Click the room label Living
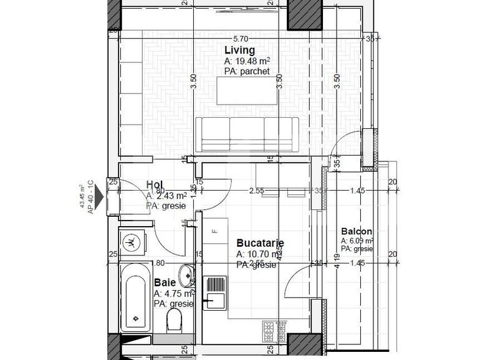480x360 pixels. point(239,50)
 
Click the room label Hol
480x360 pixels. point(155,184)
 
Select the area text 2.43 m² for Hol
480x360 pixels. point(168,195)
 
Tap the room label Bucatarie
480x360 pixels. point(260,243)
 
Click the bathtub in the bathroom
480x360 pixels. point(134,296)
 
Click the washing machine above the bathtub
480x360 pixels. point(131,241)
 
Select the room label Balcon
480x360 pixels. point(356,232)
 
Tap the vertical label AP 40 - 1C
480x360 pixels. point(90,197)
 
